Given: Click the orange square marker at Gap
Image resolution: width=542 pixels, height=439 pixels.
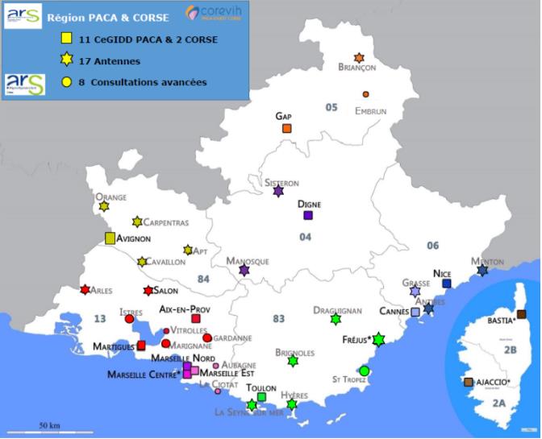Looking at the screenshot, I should pyautogui.click(x=286, y=128).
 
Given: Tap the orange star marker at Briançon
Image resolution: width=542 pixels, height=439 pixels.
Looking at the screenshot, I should pyautogui.click(x=359, y=58).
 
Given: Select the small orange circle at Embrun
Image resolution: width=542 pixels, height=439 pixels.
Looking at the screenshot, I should pyautogui.click(x=365, y=94).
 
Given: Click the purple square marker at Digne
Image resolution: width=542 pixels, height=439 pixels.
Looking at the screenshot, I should pyautogui.click(x=307, y=215).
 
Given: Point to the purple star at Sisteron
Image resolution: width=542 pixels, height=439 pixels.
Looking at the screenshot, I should pyautogui.click(x=278, y=192).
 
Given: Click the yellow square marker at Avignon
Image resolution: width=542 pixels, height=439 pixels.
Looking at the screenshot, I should pyautogui.click(x=110, y=238).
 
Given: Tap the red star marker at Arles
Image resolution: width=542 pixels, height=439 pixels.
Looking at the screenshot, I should pyautogui.click(x=85, y=290).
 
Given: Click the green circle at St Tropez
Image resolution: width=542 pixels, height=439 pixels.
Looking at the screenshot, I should pyautogui.click(x=364, y=371).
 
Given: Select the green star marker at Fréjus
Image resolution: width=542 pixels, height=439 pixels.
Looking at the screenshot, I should pyautogui.click(x=378, y=340).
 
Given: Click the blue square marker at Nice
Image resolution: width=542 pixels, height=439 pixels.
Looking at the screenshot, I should pyautogui.click(x=446, y=284).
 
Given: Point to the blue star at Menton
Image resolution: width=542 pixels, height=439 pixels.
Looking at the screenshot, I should pyautogui.click(x=482, y=271).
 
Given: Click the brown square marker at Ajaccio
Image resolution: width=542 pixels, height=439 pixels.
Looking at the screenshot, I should pyautogui.click(x=468, y=382).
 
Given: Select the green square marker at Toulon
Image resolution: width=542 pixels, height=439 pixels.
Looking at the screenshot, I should pyautogui.click(x=261, y=396).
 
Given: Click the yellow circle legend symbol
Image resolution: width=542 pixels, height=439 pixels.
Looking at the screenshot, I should pyautogui.click(x=69, y=82).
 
